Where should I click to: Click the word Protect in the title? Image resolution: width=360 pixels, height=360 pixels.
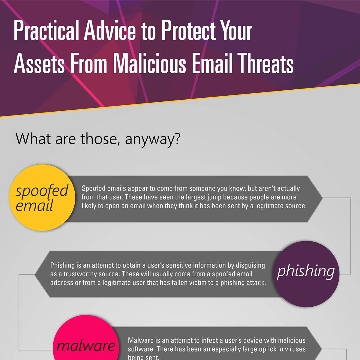188,30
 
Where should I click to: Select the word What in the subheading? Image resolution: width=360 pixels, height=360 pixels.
33,139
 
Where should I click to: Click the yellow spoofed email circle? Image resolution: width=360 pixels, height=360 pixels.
42,197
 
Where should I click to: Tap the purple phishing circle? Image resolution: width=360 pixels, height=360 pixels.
306,274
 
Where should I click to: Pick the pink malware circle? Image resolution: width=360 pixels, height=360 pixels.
86,342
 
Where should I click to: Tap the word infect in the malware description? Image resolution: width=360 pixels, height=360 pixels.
204,340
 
